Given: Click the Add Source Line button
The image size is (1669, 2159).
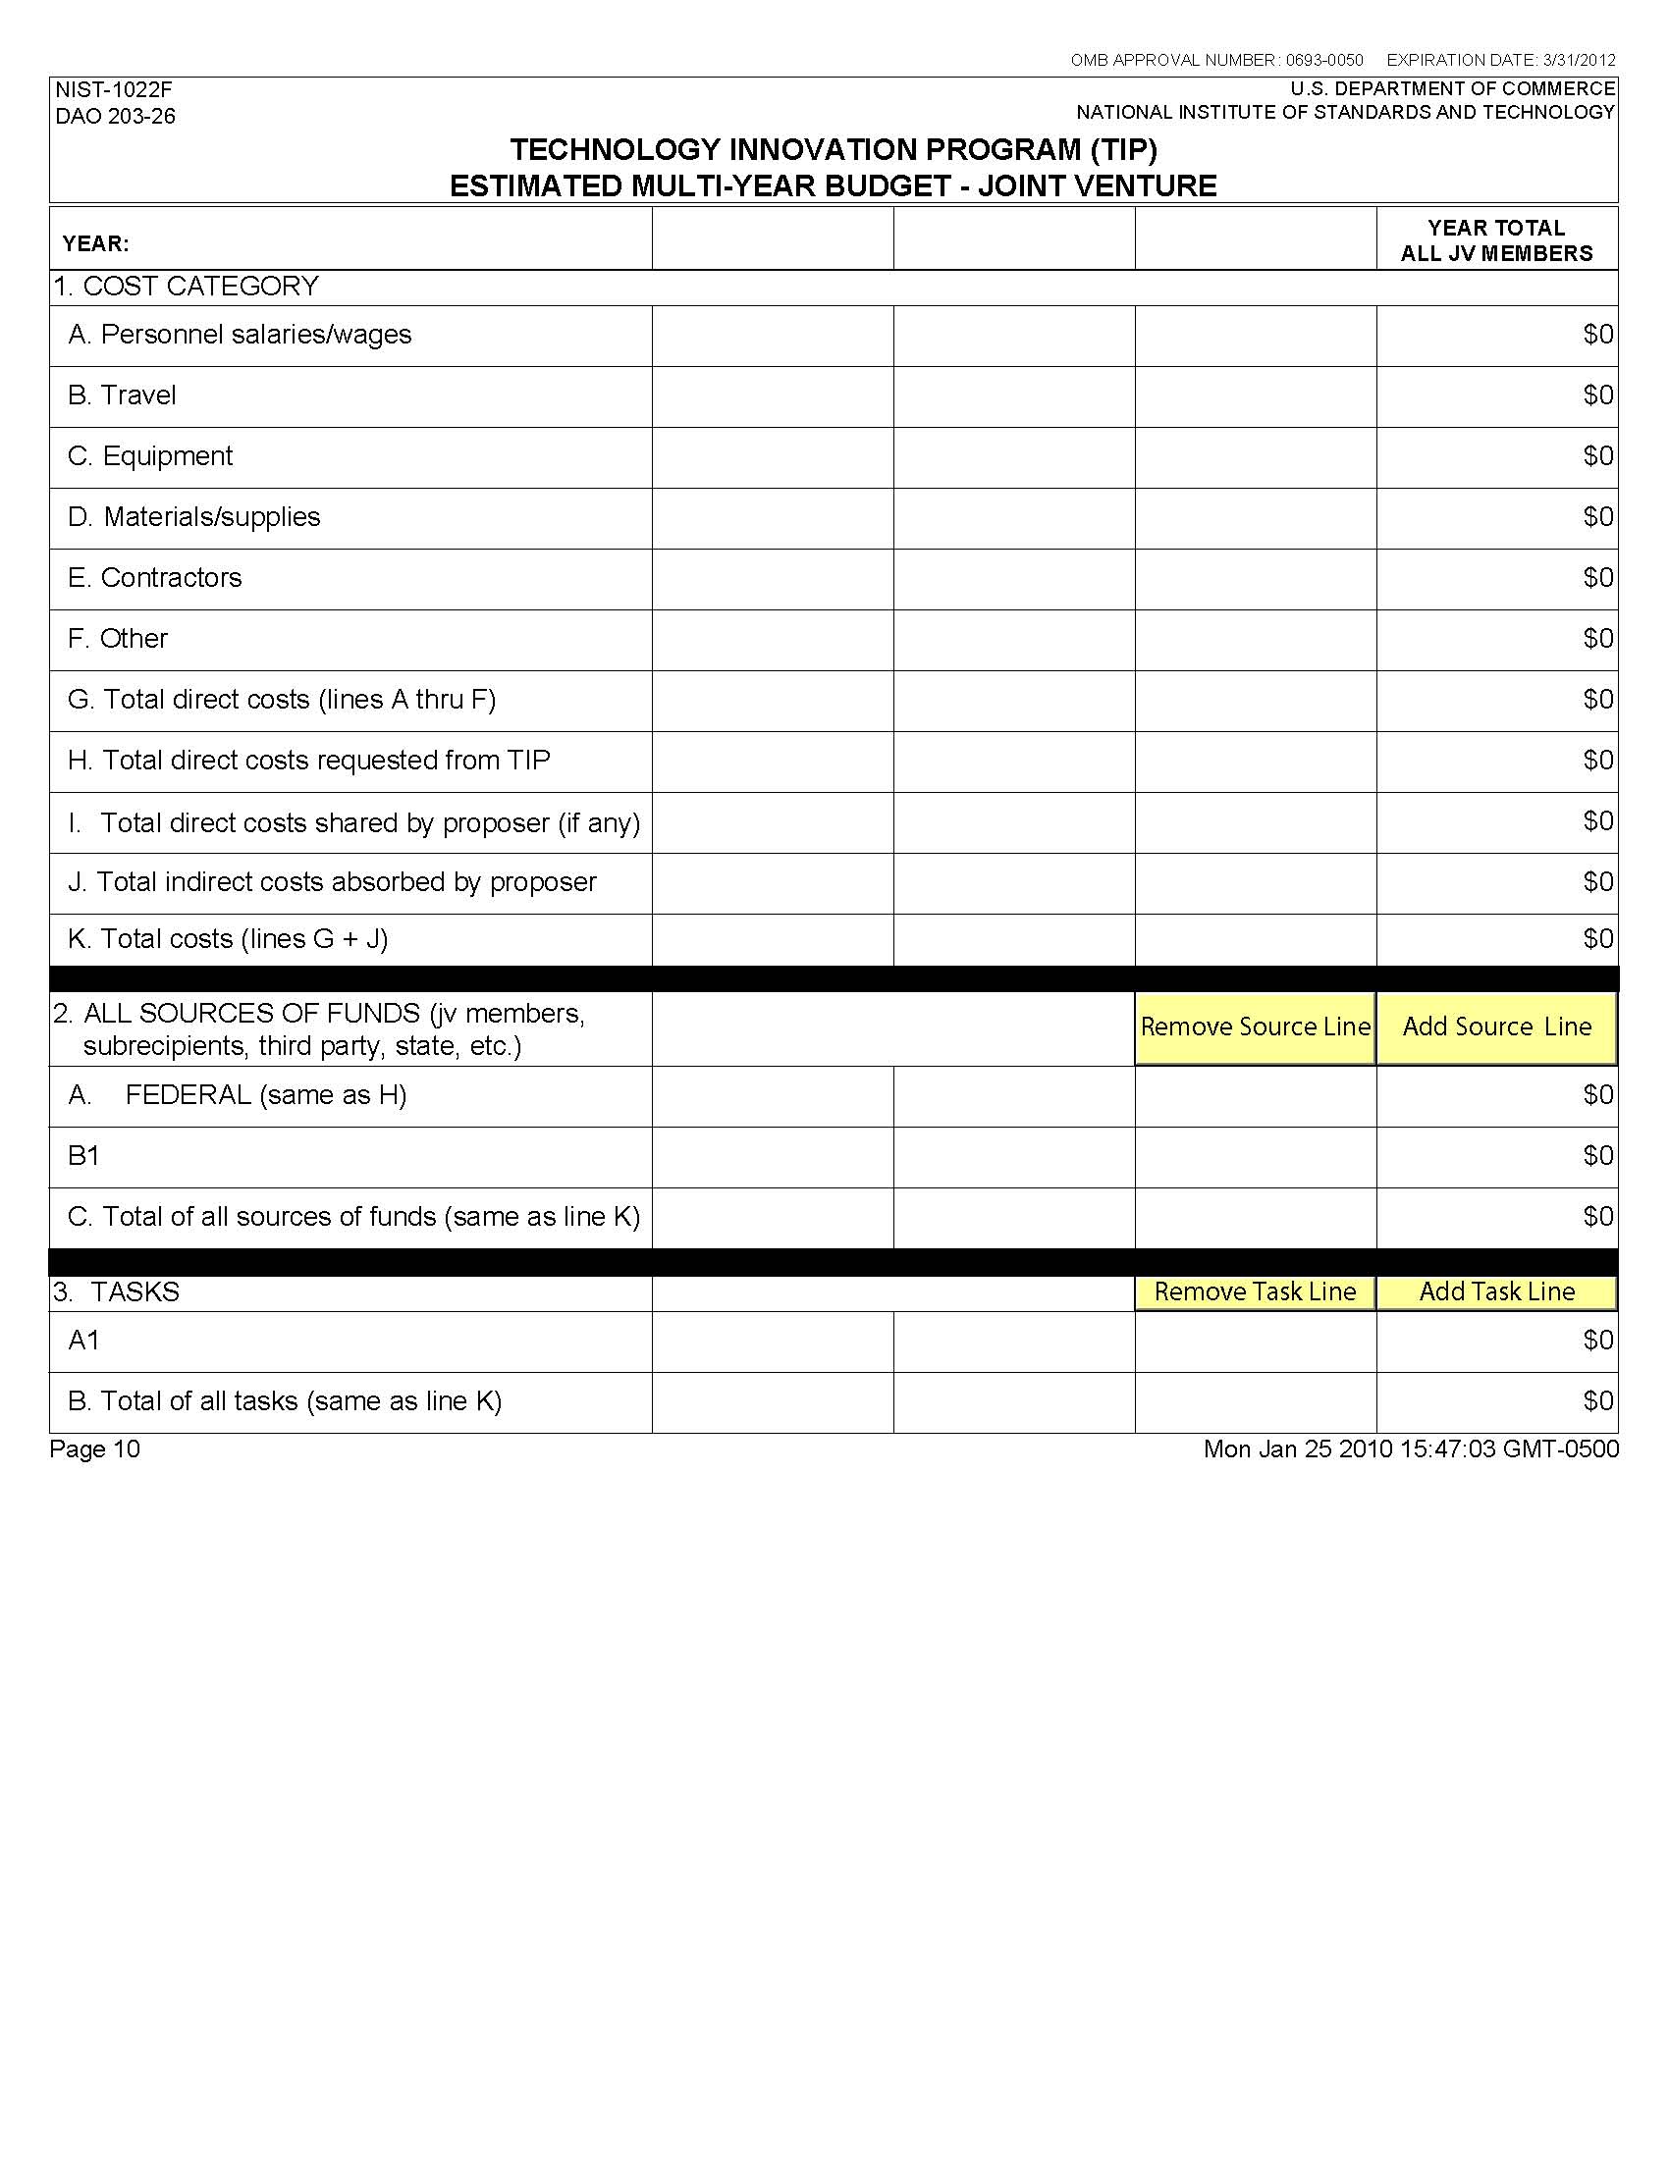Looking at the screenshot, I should coord(1496,1027).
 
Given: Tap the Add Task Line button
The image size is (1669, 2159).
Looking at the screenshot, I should coord(1496,1291).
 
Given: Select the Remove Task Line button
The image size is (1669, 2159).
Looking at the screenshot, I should coord(1255,1291).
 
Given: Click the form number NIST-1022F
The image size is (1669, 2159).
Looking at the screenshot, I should coord(114,91).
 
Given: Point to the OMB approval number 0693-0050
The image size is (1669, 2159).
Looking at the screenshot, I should coord(1324,60).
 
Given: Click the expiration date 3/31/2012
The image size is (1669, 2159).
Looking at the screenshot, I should coord(1579,60).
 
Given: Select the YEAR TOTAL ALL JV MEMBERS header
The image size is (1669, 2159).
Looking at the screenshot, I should coord(1496,240).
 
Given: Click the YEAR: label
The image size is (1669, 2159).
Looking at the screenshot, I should coord(96,243).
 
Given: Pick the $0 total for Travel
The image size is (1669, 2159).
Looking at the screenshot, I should coord(1597,395).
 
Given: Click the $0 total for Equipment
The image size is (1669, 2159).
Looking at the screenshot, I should coord(1597,455).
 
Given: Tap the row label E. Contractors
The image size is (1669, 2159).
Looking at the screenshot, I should coord(154,577).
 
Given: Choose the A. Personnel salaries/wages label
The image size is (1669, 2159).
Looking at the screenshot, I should coord(240,334).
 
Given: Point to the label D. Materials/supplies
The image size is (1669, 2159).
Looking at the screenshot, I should coord(193,517).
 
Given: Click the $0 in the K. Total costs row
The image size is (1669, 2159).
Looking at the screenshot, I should coord(1597,938).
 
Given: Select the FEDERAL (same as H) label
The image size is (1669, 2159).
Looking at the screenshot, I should coord(265,1095).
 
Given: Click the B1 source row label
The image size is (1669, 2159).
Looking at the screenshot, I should coord(84,1156).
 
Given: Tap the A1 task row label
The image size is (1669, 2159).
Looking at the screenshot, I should coord(84,1341).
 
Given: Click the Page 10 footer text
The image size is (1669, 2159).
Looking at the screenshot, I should coord(95,1449).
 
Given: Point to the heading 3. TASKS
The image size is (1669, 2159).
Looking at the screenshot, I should coord(117,1292).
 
